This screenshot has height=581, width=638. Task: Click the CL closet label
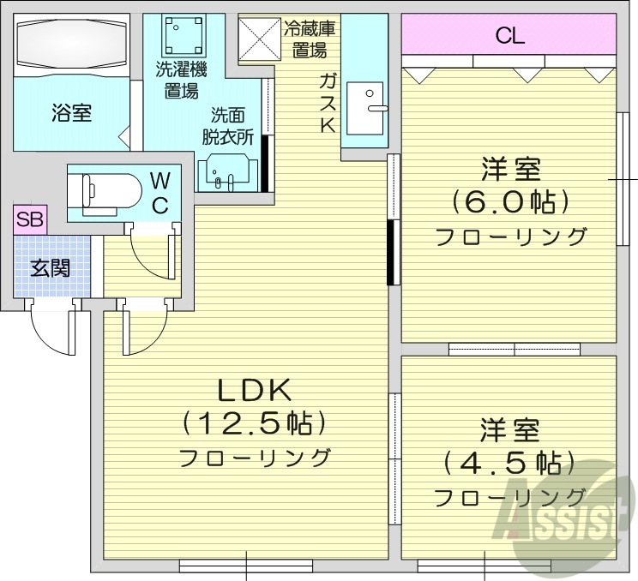point(509,36)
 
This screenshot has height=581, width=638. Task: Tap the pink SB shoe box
point(30,219)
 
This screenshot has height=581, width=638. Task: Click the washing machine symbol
point(178,37)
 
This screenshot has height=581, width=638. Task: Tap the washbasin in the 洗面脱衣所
point(228,171)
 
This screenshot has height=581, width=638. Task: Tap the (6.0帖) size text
point(511,202)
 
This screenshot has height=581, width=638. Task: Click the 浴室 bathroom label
point(72,112)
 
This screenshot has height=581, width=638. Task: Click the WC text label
point(161,193)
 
